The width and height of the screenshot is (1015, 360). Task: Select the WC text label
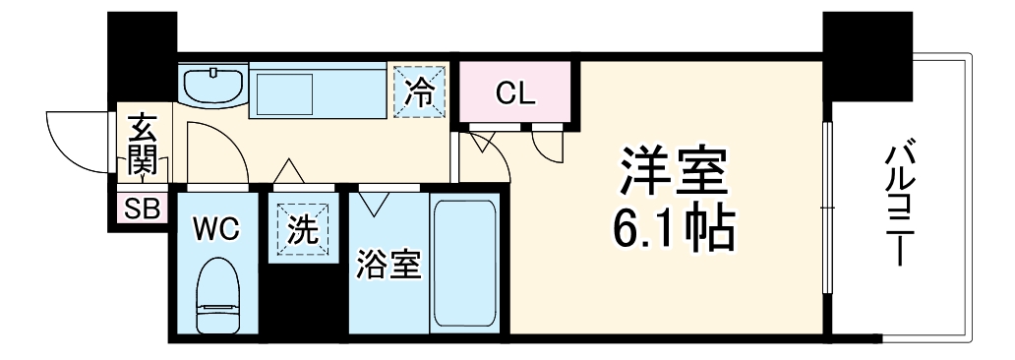(215, 229)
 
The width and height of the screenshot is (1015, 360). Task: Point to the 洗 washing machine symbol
(302, 231)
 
